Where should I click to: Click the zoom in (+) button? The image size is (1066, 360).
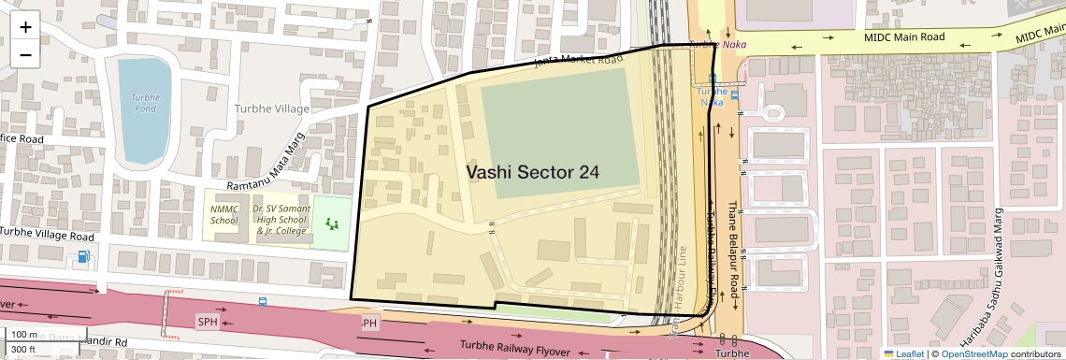pos(25,27)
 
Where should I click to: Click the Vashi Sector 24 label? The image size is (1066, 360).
pos(532,172)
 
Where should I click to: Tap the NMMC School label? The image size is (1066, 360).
pos(224,215)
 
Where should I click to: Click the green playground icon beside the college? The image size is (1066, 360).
pos(331,223)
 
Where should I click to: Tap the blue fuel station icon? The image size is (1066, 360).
pos(85,256)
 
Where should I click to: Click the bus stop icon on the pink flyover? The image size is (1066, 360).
pos(262,302)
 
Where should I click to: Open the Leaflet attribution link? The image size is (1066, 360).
pos(903,353)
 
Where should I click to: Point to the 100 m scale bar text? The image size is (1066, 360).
pos(24,335)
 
